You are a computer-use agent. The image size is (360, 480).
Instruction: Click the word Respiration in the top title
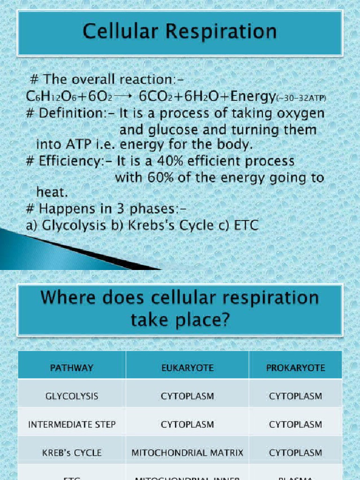[225, 32]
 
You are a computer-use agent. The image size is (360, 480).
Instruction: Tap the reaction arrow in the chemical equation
[124, 96]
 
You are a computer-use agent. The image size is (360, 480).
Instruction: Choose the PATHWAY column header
[72, 367]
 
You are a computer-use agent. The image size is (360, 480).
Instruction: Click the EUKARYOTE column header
[187, 367]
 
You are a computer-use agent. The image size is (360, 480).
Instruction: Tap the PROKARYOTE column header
[295, 367]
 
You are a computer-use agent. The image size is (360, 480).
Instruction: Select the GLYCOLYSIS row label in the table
[72, 396]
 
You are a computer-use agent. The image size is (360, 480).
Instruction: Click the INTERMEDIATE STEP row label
[72, 425]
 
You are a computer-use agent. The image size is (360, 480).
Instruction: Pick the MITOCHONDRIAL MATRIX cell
[187, 453]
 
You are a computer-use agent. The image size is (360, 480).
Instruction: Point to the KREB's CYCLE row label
[72, 453]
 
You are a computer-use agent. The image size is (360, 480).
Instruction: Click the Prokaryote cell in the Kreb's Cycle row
[295, 453]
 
